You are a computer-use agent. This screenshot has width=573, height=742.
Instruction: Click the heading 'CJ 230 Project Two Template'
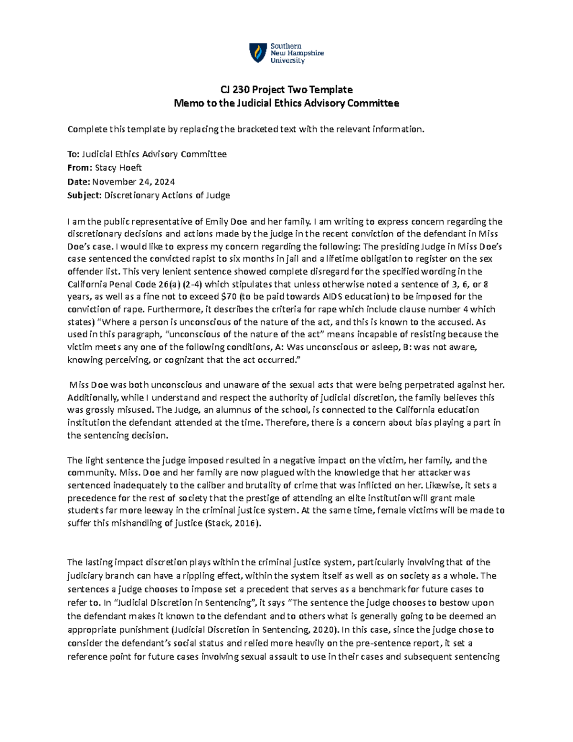coord(286,89)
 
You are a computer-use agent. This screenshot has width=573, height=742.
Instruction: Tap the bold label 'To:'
coord(74,154)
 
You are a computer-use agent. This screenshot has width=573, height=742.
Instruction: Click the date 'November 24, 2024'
coord(133,182)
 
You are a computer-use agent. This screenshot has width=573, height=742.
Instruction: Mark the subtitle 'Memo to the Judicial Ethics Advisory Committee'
coord(286,103)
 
